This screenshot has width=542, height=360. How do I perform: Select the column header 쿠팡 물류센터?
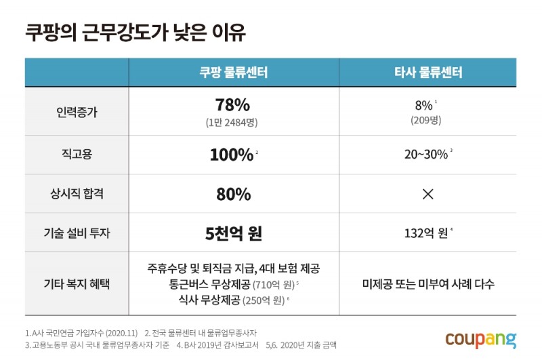coord(234,73)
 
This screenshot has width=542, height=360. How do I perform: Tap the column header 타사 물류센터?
coord(428,73)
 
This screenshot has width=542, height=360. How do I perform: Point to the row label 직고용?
coord(77,155)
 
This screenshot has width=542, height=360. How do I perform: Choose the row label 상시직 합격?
coord(77,195)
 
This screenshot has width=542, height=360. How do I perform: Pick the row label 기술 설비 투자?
coord(77,233)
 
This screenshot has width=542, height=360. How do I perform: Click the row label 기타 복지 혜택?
coord(77,283)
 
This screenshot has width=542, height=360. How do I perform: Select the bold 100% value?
coord(231,155)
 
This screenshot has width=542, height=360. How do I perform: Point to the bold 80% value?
coord(233,195)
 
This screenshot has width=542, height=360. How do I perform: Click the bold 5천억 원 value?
coord(233,233)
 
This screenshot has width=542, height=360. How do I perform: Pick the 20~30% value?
coord(426,155)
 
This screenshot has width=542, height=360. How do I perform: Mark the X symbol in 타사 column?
coord(428,195)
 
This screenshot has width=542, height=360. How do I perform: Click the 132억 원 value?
coord(425,233)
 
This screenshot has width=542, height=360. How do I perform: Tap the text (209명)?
coord(425,120)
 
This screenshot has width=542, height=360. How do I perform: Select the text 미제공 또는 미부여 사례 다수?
coord(428,283)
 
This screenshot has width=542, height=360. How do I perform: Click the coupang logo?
coord(480,338)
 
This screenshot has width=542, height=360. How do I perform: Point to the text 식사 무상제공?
coord(204,299)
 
